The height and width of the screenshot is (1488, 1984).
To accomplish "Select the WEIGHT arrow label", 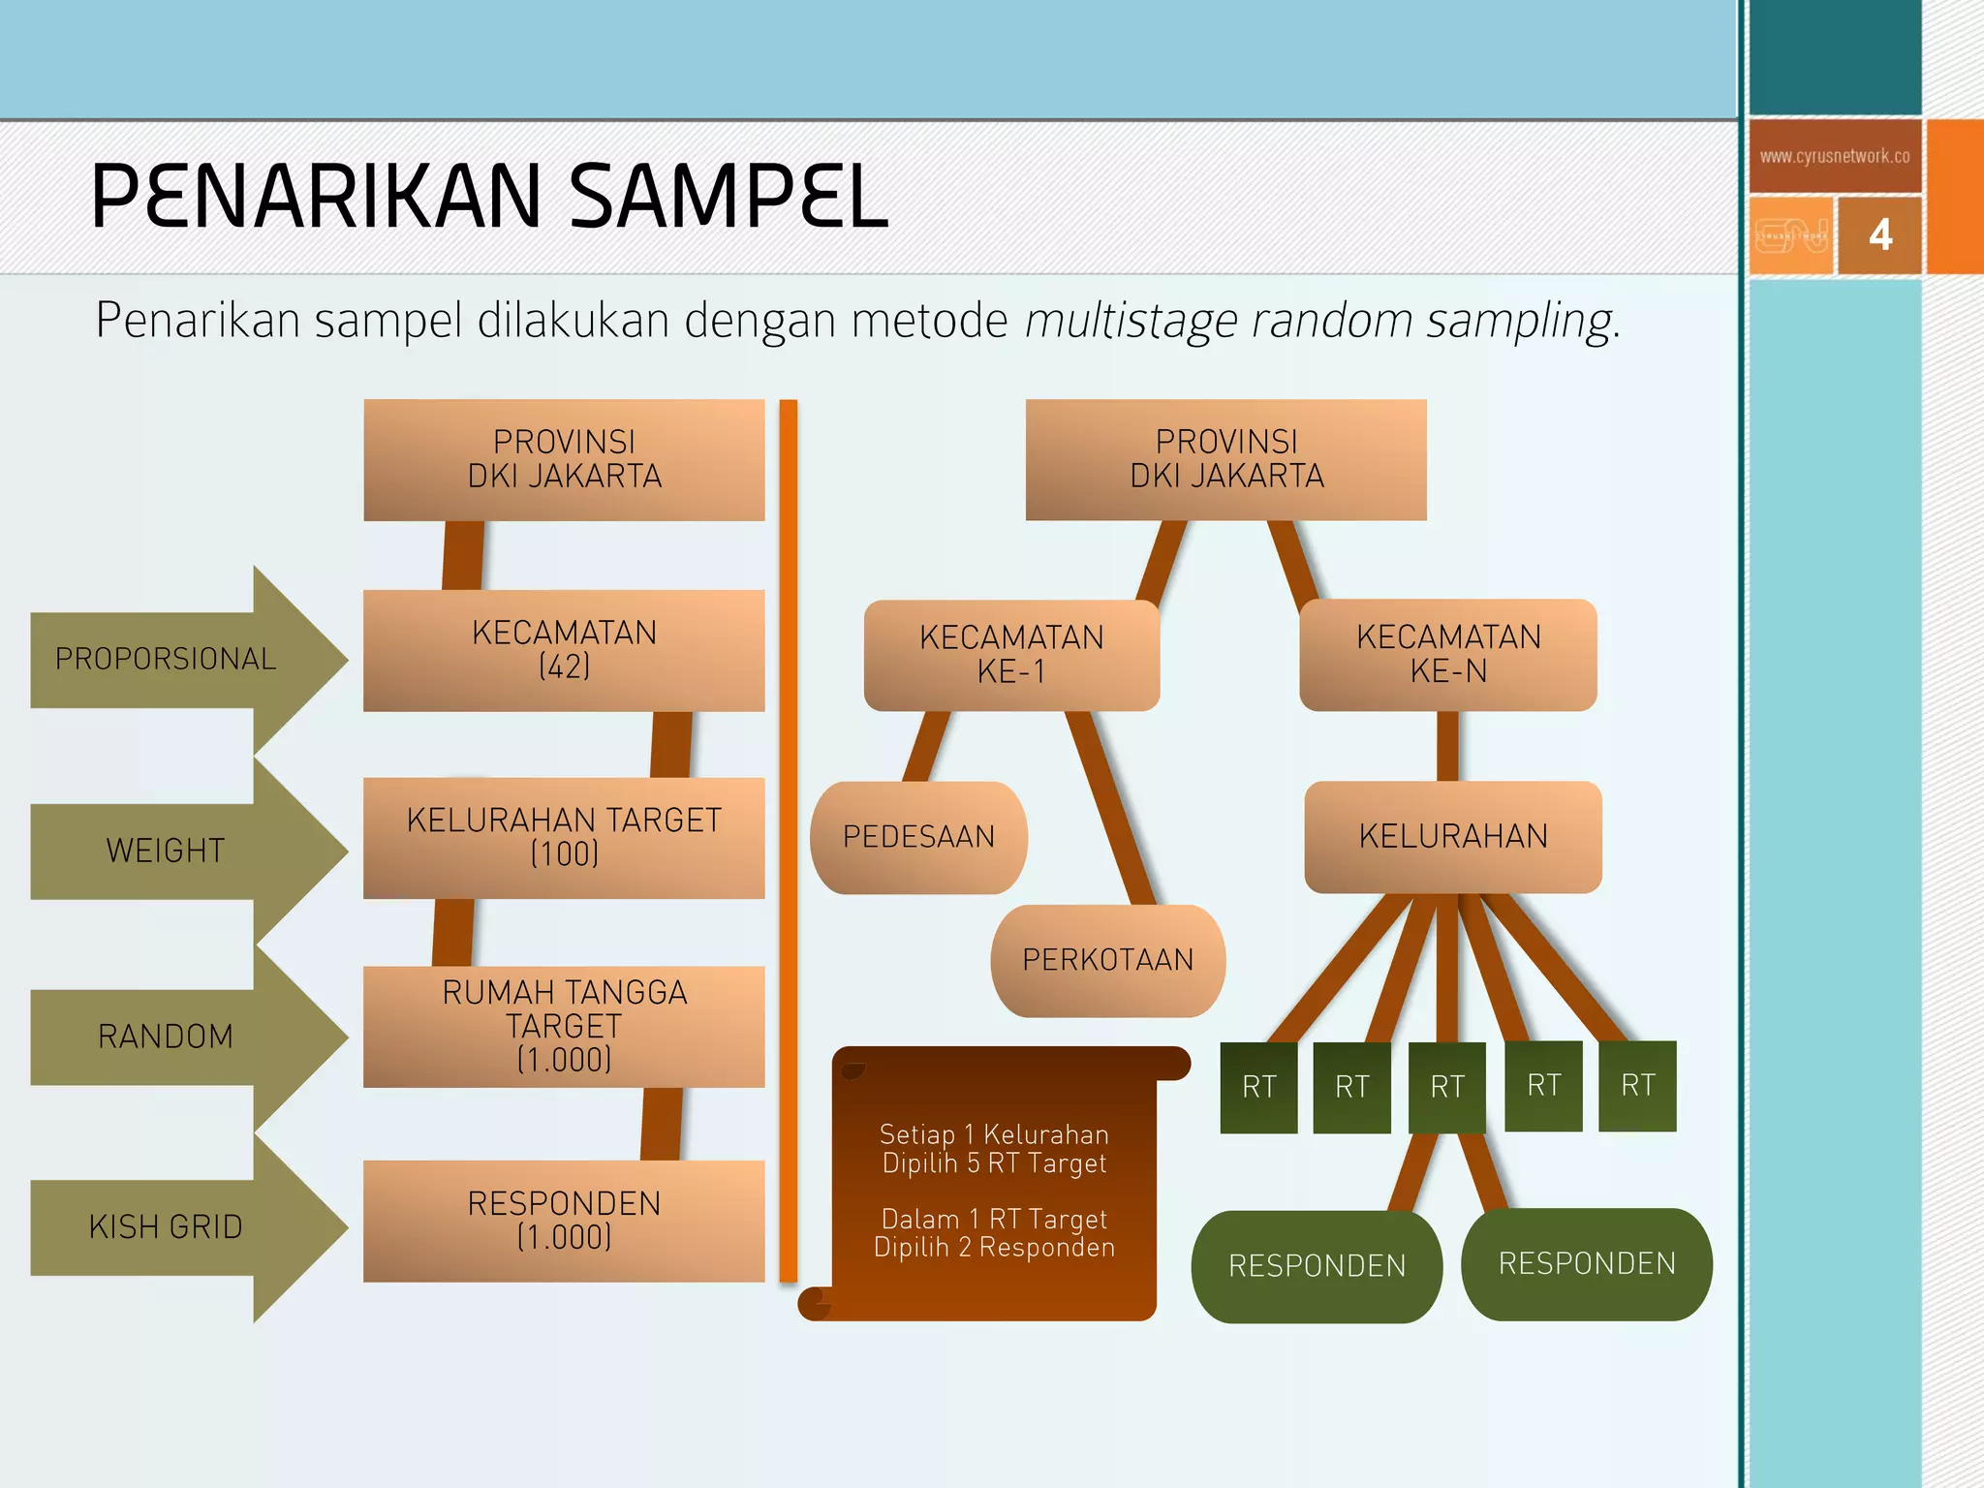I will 166,851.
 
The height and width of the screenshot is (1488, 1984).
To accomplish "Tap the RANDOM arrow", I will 166,1037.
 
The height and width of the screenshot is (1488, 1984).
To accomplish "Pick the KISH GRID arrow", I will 166,1226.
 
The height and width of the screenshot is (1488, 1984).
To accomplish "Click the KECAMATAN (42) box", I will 564,650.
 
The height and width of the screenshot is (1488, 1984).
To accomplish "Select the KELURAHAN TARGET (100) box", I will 564,838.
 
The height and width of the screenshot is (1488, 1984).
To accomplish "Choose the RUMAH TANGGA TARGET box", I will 564,1026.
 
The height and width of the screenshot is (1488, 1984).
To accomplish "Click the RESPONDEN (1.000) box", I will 564,1221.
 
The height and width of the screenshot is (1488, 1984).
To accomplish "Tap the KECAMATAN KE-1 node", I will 1011,655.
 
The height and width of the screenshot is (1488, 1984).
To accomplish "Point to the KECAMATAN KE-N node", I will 1448,654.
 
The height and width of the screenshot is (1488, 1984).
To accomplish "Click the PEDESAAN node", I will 918,837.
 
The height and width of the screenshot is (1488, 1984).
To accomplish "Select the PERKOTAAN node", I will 1107,960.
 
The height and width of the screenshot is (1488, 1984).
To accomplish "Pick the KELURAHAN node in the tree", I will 1453,836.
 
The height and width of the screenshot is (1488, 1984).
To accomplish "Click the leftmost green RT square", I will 1258,1087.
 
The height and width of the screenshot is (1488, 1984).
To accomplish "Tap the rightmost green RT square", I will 1637,1085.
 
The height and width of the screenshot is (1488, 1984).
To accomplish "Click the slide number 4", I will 1879,235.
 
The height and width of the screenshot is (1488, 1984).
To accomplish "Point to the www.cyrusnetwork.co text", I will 1834,156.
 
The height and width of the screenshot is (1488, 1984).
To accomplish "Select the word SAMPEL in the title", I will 728,197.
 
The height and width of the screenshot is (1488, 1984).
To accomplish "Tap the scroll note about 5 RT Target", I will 994,1149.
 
